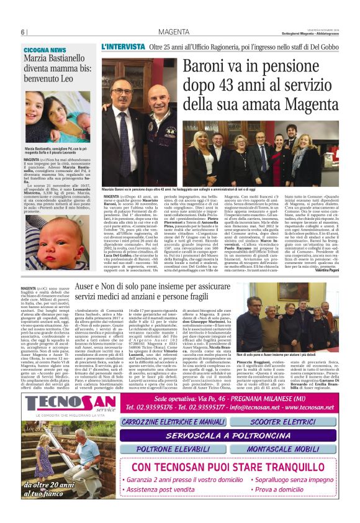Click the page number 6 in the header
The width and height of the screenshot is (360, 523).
click(22, 32)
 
